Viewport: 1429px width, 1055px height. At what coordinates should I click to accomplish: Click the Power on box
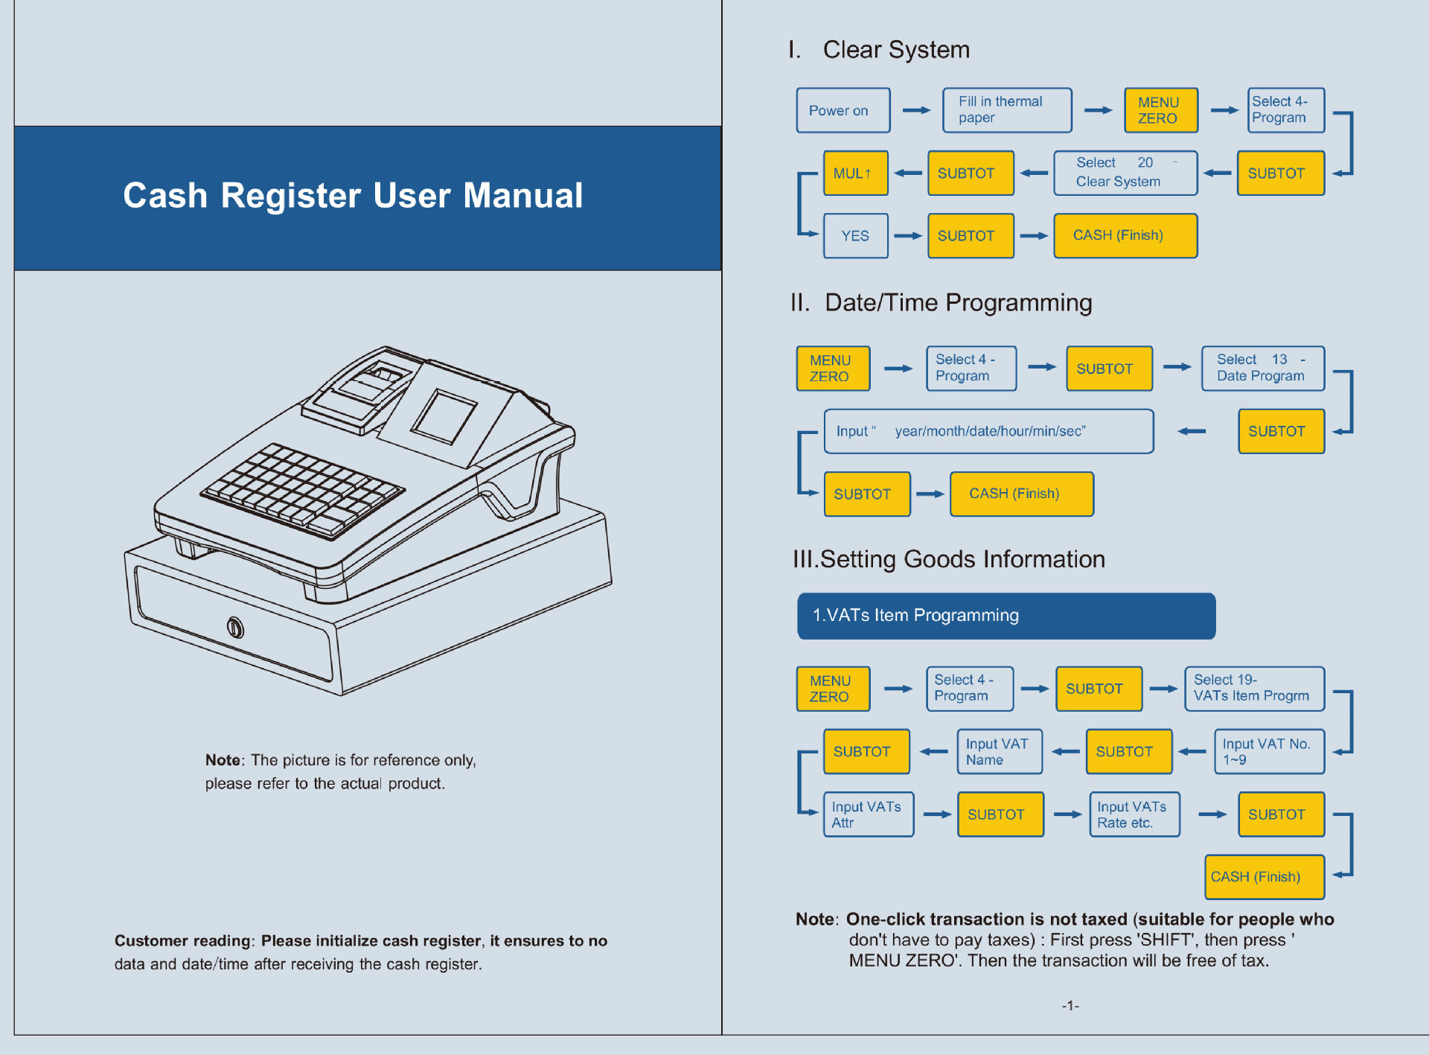pyautogui.click(x=843, y=110)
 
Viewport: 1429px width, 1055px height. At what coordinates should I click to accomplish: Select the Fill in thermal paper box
pyautogui.click(x=1006, y=110)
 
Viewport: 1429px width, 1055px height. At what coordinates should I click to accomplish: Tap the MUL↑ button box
pyautogui.click(x=855, y=173)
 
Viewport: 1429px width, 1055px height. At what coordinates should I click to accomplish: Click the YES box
pyautogui.click(x=855, y=236)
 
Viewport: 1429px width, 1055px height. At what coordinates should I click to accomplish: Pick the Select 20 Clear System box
pyautogui.click(x=1125, y=173)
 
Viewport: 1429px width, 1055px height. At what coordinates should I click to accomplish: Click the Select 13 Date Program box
pyautogui.click(x=1262, y=368)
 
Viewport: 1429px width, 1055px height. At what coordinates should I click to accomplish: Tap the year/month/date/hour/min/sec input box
pyautogui.click(x=988, y=431)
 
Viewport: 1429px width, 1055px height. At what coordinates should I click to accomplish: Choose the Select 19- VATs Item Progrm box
pyautogui.click(x=1254, y=689)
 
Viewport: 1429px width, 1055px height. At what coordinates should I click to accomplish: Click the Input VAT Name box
pyautogui.click(x=999, y=752)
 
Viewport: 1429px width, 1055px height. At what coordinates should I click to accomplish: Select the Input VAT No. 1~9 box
pyautogui.click(x=1269, y=752)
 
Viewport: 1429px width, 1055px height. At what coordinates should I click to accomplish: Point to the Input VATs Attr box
pyautogui.click(x=868, y=815)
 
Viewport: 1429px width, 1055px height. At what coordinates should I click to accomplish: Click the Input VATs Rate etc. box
pyautogui.click(x=1134, y=815)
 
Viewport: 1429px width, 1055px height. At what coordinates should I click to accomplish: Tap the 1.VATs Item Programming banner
pyautogui.click(x=1006, y=616)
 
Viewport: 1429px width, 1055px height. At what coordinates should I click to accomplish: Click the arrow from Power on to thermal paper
pyautogui.click(x=916, y=110)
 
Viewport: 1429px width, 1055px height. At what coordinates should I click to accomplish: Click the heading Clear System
pyautogui.click(x=895, y=50)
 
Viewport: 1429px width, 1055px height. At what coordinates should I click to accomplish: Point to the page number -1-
pyautogui.click(x=1070, y=1006)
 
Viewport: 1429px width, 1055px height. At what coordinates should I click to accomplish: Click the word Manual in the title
pyautogui.click(x=522, y=196)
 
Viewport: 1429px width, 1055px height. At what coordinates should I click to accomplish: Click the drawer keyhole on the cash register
pyautogui.click(x=235, y=628)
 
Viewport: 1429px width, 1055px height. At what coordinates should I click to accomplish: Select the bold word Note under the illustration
pyautogui.click(x=223, y=760)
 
